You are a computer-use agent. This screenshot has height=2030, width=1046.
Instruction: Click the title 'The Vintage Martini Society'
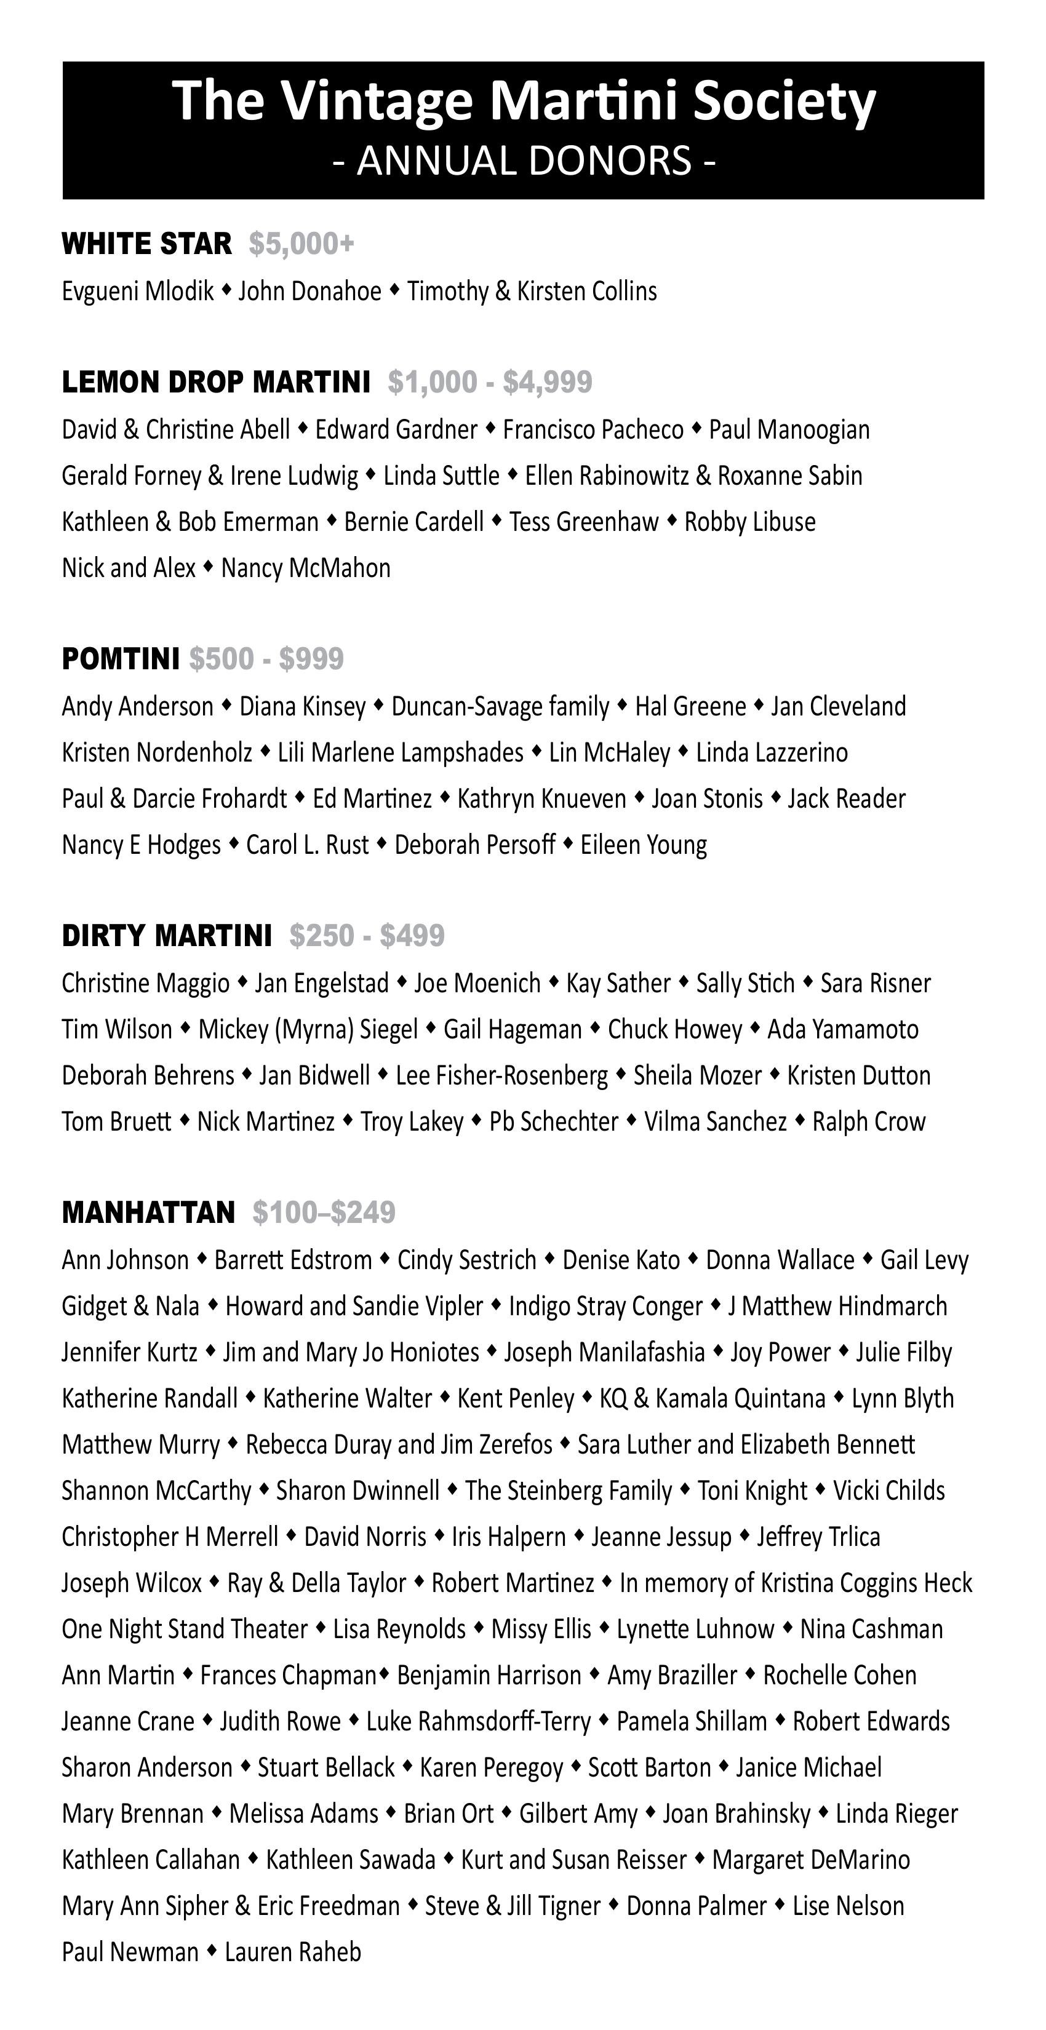click(524, 101)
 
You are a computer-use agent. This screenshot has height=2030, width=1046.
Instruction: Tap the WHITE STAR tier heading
click(146, 244)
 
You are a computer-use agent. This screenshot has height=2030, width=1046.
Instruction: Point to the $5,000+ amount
click(302, 244)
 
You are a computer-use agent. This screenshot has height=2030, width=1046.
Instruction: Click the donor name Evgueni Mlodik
click(138, 292)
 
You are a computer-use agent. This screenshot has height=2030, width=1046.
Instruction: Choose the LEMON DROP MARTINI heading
click(216, 382)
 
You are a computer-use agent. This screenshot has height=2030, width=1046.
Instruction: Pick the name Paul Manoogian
click(789, 430)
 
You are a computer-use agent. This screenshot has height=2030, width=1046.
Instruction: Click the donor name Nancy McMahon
click(306, 568)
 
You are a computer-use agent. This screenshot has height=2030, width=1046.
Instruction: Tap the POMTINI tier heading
click(121, 659)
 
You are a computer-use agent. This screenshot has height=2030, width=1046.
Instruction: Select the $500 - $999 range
click(266, 659)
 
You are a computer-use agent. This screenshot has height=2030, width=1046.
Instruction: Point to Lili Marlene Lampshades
click(401, 752)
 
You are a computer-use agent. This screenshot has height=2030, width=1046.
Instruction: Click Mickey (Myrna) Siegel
click(308, 1030)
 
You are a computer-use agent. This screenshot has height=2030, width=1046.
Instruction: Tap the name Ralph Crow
click(869, 1122)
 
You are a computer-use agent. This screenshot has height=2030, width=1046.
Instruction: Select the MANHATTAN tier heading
click(148, 1212)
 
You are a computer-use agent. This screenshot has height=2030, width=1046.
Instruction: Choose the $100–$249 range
click(324, 1212)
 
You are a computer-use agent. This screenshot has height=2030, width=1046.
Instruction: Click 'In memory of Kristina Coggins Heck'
click(796, 1583)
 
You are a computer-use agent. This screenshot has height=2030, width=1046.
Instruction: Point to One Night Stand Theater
click(185, 1629)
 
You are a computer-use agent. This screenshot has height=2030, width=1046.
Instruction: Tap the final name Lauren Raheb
click(293, 1952)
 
